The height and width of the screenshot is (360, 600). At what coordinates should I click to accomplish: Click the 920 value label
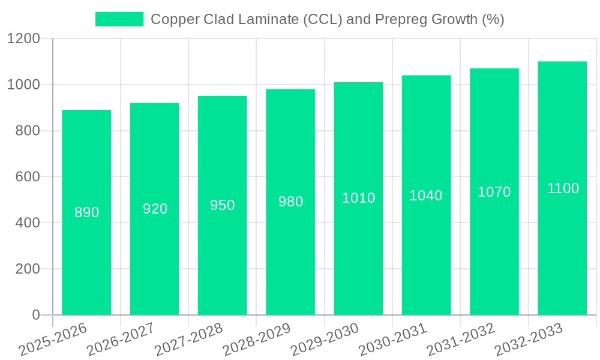[x=155, y=209]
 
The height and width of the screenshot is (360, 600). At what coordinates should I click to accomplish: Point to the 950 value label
[x=223, y=205]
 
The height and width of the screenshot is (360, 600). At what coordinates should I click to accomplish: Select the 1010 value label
[x=358, y=198]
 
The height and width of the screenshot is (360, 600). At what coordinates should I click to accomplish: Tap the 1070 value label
[x=494, y=192]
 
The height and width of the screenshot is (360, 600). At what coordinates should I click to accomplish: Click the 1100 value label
[x=563, y=188]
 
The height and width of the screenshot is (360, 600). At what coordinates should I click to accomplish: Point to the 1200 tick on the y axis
[x=23, y=39]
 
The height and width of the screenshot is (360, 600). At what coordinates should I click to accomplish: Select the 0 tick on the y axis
[x=35, y=315]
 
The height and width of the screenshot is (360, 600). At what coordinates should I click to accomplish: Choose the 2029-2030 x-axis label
[x=325, y=340]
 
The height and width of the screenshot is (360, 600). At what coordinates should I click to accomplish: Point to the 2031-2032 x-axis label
[x=461, y=340]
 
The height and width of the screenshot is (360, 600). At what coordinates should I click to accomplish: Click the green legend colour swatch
[x=119, y=19]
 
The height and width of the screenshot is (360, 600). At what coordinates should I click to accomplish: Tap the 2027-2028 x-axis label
[x=189, y=340]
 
